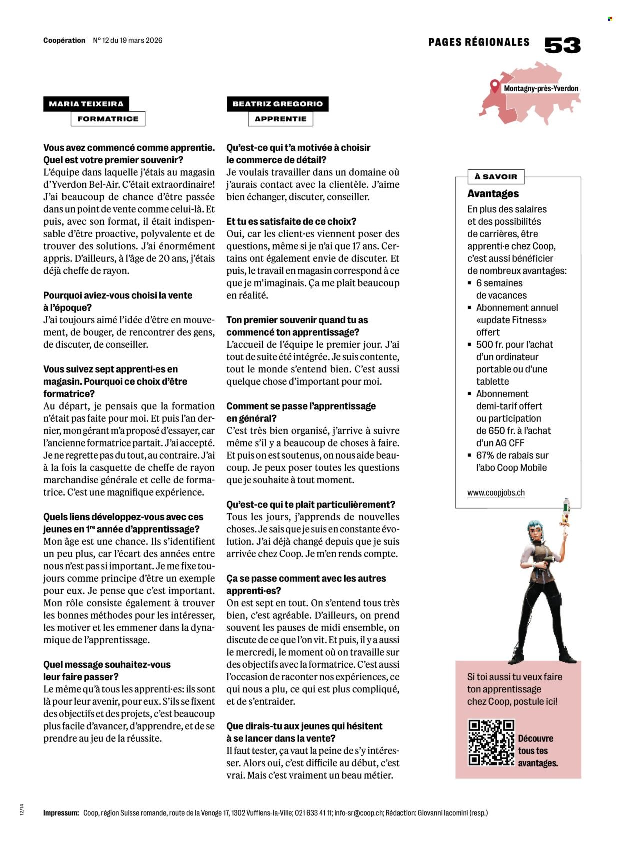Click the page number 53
(562, 45)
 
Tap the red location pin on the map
(494, 86)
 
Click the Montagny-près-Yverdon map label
(541, 89)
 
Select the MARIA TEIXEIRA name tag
(86, 104)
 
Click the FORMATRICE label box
(108, 119)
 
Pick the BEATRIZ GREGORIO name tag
(277, 104)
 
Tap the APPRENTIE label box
(280, 119)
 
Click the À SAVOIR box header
(489, 176)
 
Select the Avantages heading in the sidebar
(493, 194)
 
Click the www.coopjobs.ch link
(496, 493)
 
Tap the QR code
(491, 742)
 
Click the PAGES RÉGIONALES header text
(478, 42)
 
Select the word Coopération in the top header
(64, 40)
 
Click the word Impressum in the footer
(61, 813)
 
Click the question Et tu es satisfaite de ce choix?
(291, 221)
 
